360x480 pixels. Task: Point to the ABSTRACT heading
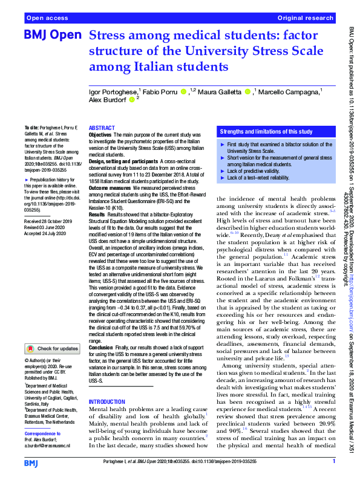click(102, 129)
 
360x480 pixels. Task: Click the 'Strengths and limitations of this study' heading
click(266, 131)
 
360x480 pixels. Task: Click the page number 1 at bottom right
click(333, 462)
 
